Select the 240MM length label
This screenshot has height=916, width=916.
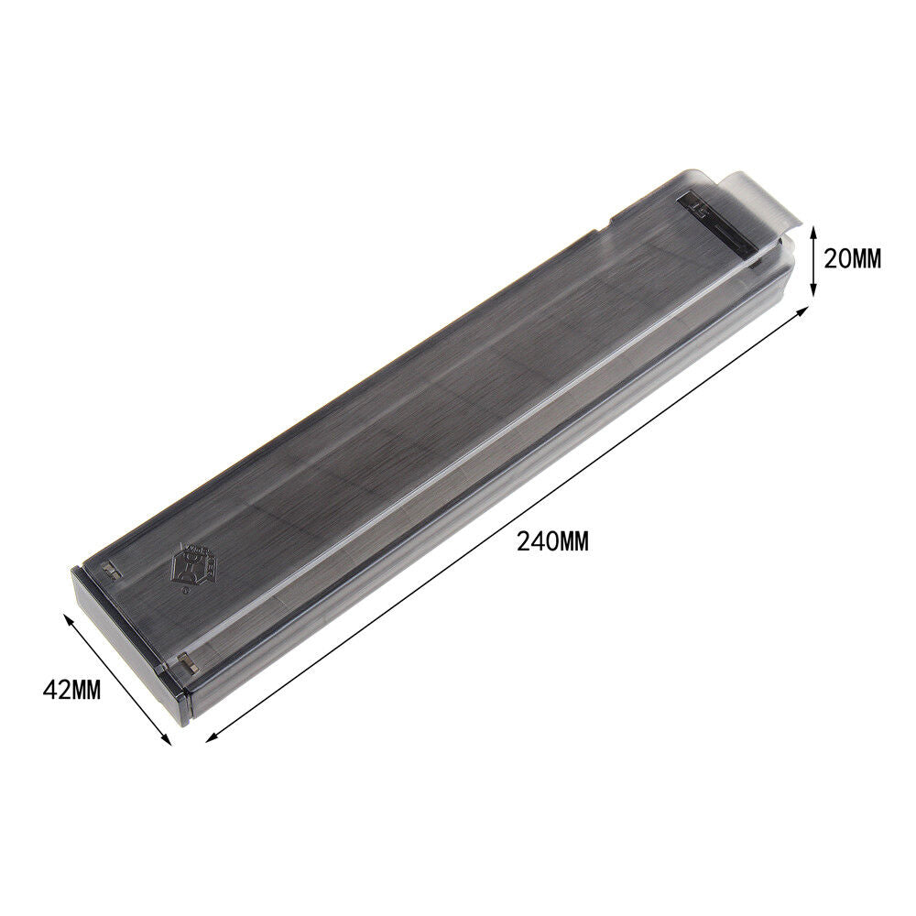coord(552,541)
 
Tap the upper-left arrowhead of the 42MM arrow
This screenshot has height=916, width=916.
coord(66,617)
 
